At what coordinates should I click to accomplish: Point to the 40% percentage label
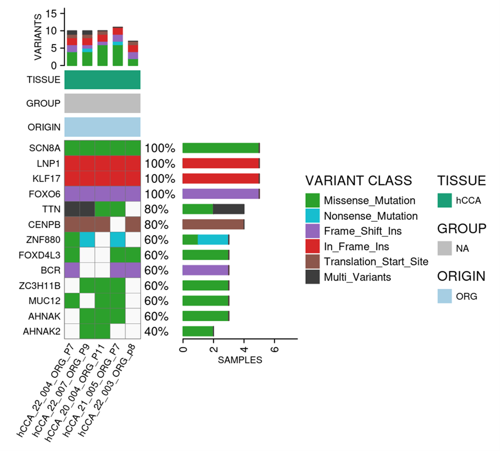click(x=156, y=332)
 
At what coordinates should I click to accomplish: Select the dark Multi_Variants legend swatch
click(x=312, y=277)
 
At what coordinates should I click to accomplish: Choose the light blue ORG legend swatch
click(x=445, y=296)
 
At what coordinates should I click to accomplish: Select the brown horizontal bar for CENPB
click(x=213, y=224)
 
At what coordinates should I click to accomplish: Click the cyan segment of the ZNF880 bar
click(x=213, y=240)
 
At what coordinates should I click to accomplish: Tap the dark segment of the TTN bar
click(x=228, y=209)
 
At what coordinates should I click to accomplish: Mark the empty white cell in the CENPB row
click(x=117, y=224)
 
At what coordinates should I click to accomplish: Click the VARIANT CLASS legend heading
click(x=358, y=181)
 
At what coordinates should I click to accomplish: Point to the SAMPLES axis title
click(x=240, y=360)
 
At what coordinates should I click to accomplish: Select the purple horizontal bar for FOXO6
click(x=220, y=194)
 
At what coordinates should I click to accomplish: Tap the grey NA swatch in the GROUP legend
click(x=445, y=248)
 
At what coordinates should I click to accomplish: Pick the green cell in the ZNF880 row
click(x=72, y=240)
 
